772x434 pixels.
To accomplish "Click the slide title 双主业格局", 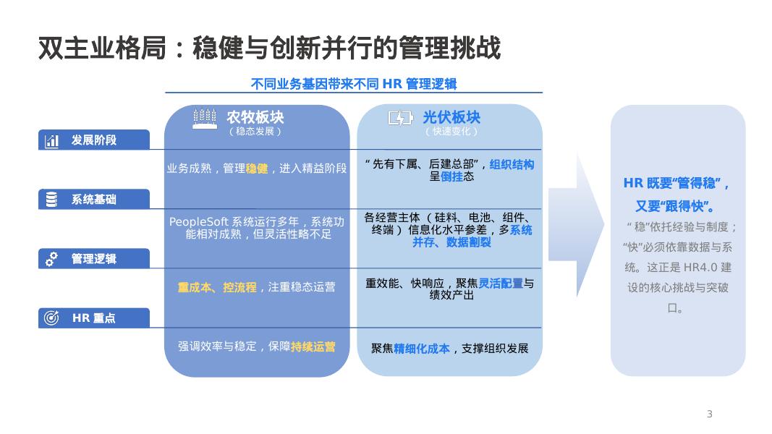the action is point(268,49).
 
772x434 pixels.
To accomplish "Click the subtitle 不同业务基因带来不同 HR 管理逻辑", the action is point(354,84).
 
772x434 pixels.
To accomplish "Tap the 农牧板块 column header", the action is point(255,117).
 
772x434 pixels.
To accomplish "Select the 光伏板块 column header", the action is point(451,117).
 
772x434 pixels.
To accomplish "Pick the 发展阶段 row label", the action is point(93,140).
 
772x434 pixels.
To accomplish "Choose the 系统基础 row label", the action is point(93,200).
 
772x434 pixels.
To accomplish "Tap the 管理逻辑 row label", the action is point(93,259).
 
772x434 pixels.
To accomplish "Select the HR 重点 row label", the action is point(93,318).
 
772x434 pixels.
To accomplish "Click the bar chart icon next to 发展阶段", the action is point(52,141).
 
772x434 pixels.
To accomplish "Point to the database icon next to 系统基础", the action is point(52,200).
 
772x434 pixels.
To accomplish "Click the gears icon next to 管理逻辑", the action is point(52,259).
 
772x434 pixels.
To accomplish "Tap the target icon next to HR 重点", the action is point(52,318).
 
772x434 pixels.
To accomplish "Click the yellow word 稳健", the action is point(257,169).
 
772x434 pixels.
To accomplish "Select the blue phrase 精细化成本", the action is point(422,349).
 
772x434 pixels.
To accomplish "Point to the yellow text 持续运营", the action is point(313,346).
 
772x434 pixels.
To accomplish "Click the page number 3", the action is point(709,414).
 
